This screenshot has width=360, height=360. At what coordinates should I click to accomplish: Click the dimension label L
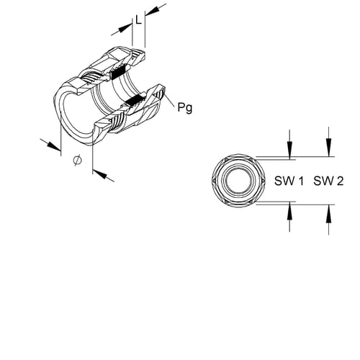(138, 19)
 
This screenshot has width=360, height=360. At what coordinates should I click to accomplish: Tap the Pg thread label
(185, 107)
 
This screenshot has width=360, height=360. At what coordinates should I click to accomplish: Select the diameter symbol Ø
(77, 160)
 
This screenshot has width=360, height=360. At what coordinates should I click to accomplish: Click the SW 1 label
(289, 181)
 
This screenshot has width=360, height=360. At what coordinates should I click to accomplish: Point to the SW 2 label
(328, 181)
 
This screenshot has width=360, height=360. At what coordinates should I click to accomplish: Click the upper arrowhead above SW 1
(290, 150)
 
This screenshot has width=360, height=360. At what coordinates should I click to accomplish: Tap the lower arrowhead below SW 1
(290, 210)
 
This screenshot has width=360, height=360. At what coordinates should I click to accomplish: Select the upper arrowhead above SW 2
(329, 148)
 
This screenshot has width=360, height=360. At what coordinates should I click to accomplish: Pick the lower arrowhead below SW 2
(329, 214)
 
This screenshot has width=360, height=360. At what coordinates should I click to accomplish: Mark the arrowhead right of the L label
(153, 11)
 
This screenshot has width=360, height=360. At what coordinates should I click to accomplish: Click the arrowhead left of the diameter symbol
(53, 146)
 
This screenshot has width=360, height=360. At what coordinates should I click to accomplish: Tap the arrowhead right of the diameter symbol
(100, 174)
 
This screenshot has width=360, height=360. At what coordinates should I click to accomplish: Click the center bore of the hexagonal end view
(239, 181)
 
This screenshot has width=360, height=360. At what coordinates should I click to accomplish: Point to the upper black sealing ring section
(118, 72)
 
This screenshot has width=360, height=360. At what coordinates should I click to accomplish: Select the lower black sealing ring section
(135, 100)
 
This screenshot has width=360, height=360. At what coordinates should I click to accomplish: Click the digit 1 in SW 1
(301, 181)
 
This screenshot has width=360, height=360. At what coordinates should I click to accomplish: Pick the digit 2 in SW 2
(341, 181)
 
